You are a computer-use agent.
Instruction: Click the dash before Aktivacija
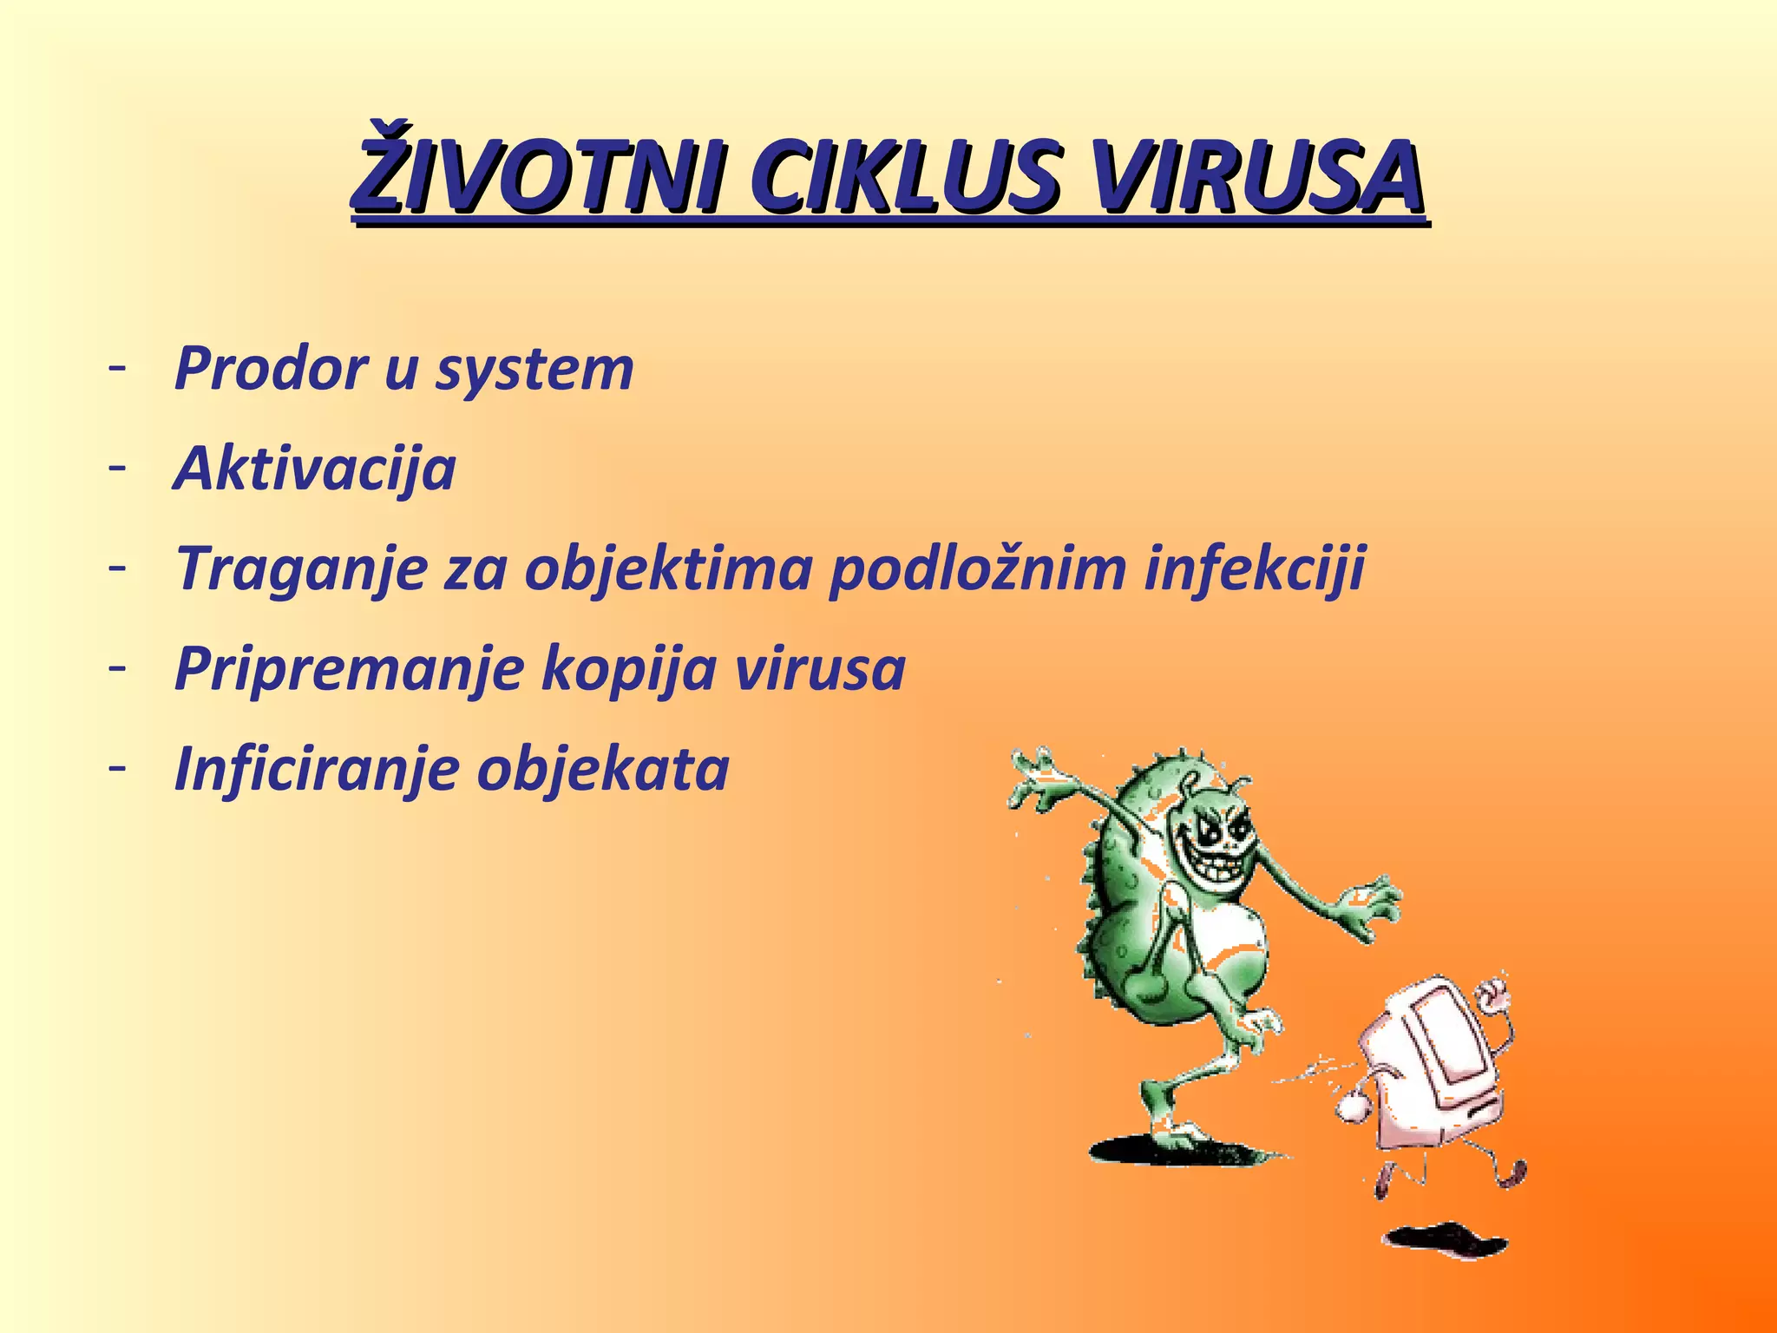(x=118, y=467)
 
